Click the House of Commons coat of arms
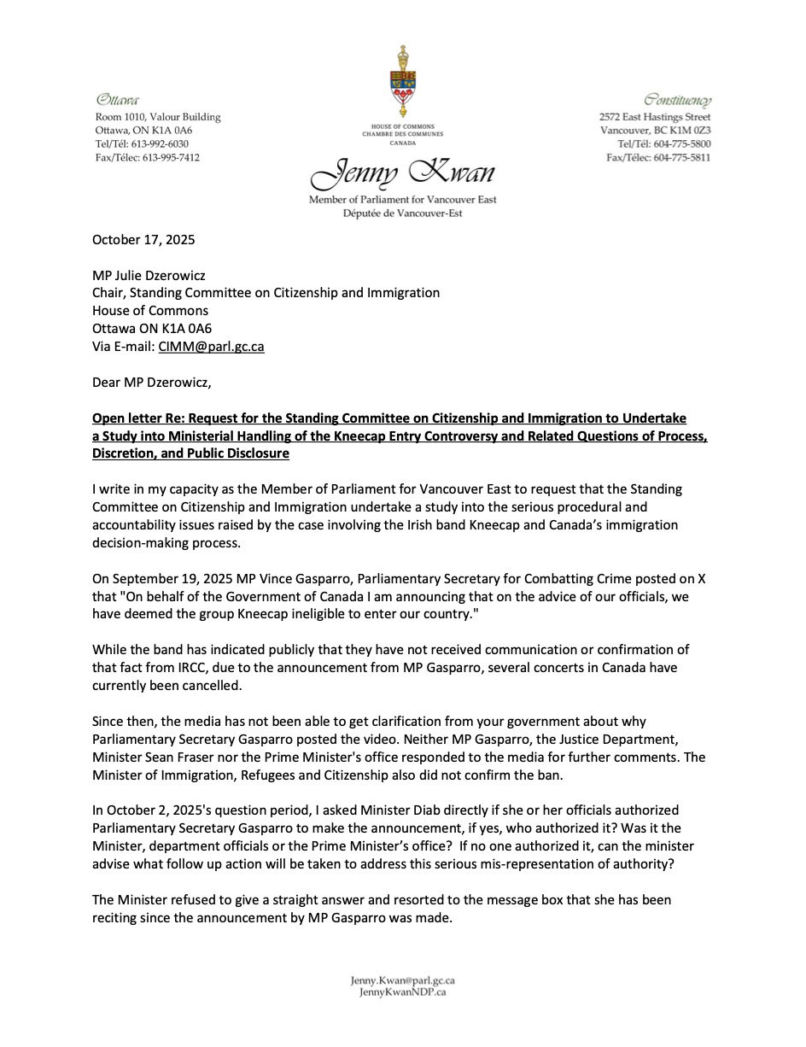(402, 82)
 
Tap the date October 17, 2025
(143, 240)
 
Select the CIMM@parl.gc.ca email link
(211, 347)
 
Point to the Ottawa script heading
(118, 100)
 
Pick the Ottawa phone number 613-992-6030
(166, 144)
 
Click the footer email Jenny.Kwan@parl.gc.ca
(402, 981)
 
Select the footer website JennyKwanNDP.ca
(402, 992)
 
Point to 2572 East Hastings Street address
(655, 117)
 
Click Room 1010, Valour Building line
(158, 117)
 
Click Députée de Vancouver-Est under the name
(402, 213)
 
